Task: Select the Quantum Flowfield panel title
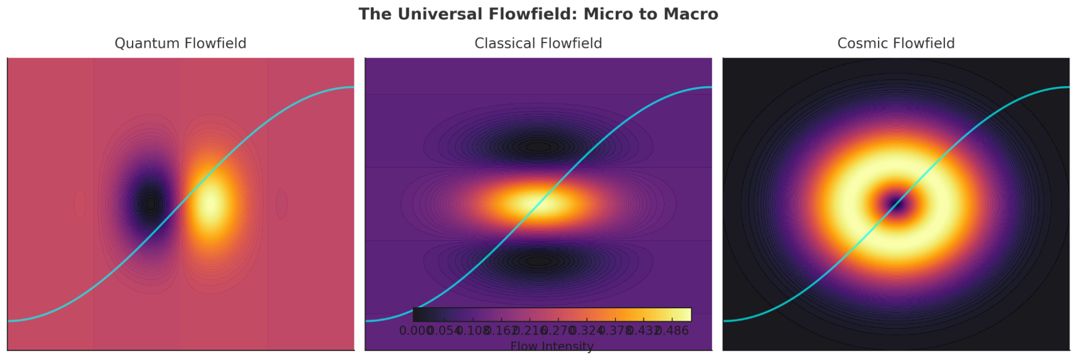[180, 43]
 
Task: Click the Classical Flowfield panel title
[538, 43]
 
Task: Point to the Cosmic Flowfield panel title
[896, 43]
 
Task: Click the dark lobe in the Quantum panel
[151, 204]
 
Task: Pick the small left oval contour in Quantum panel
[80, 204]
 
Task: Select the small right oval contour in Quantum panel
[282, 204]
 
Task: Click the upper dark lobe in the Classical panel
[538, 146]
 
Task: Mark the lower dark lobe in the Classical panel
[538, 261]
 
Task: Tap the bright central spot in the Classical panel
[538, 204]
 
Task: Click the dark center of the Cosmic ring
[896, 204]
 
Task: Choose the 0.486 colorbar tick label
[673, 330]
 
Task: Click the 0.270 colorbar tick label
[558, 330]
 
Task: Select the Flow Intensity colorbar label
[552, 346]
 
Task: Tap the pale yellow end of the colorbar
[685, 314]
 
